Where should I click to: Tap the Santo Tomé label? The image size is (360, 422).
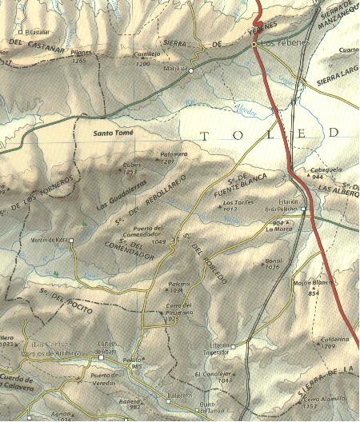click(x=113, y=133)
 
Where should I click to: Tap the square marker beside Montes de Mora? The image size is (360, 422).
click(x=71, y=241)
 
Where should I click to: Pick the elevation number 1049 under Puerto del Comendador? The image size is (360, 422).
click(x=158, y=241)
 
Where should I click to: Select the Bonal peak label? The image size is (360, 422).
click(x=274, y=261)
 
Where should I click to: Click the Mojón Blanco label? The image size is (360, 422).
click(x=312, y=284)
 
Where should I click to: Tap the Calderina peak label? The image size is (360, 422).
click(x=335, y=339)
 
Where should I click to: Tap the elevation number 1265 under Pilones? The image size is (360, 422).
click(x=78, y=61)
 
